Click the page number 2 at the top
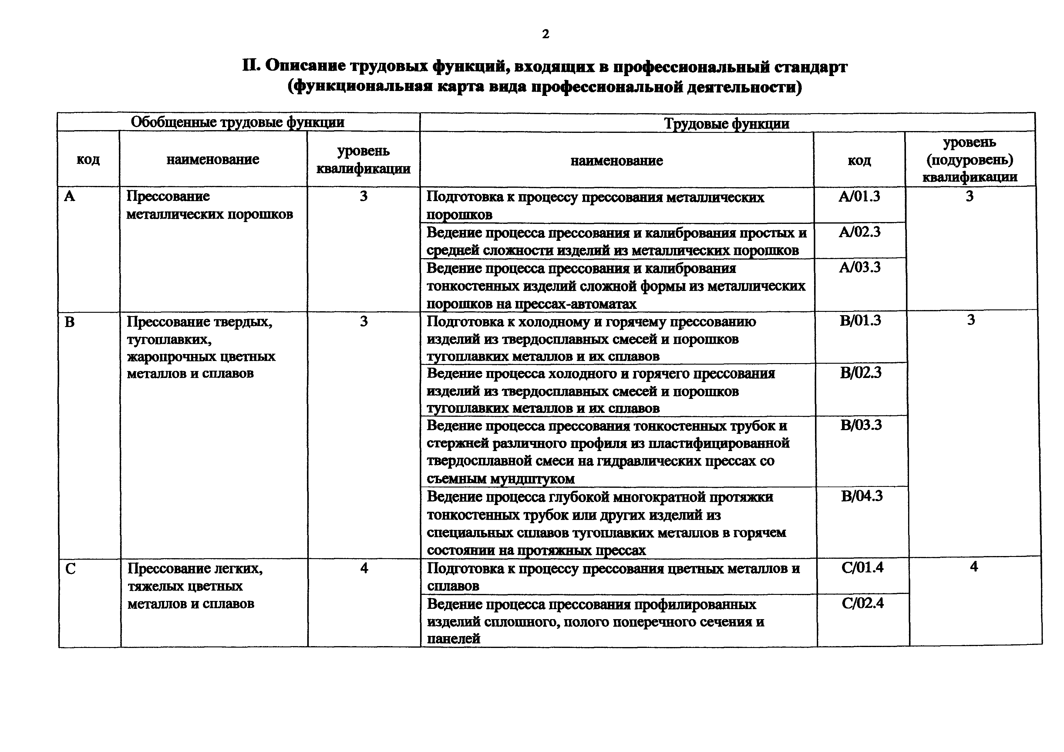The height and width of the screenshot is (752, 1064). [545, 34]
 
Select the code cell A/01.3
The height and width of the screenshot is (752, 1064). [859, 197]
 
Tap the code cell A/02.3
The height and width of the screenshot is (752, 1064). [859, 232]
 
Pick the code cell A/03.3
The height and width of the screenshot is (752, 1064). [860, 267]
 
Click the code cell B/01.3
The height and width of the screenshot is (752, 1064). [860, 321]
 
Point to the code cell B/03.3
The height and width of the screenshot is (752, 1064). [861, 425]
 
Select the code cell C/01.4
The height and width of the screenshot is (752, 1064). [862, 567]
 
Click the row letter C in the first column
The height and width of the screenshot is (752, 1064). [70, 568]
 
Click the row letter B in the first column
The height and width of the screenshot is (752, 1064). [69, 322]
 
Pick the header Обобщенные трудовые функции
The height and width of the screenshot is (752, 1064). [237, 122]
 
